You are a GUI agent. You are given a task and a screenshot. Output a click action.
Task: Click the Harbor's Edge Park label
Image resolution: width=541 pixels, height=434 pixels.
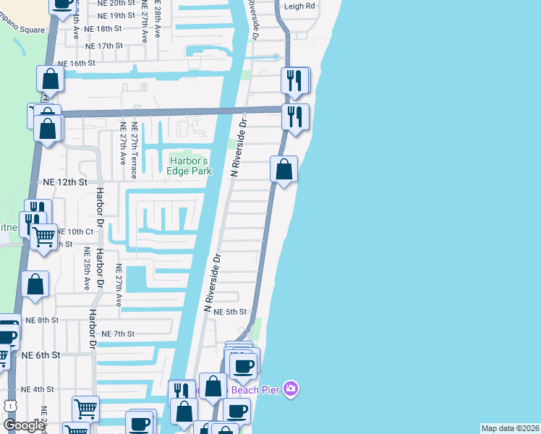click(189, 165)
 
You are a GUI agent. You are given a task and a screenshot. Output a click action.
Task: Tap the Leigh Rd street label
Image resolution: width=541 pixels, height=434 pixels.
click(300, 5)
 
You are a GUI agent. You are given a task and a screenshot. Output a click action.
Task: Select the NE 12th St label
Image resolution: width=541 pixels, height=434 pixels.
click(65, 182)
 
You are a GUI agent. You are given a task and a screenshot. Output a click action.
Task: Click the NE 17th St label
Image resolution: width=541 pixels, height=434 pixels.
click(104, 46)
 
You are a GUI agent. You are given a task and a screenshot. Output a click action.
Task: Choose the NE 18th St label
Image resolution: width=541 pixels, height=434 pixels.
click(103, 28)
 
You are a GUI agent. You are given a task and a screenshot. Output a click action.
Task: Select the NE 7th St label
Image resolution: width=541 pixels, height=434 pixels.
click(118, 333)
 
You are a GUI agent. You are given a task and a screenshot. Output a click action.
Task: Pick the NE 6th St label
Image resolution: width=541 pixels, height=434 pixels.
click(40, 354)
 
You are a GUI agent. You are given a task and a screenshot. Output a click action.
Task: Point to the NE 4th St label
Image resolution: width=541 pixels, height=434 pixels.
click(38, 389)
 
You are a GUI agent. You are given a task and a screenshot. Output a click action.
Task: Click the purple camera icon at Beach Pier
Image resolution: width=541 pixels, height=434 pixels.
click(290, 390)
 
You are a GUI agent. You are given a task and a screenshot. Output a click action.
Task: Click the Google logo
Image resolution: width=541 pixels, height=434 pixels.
click(24, 425)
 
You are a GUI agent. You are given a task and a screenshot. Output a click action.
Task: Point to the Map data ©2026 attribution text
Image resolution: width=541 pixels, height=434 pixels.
click(511, 428)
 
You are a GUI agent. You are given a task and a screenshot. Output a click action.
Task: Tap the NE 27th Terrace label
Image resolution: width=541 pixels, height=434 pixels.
click(135, 155)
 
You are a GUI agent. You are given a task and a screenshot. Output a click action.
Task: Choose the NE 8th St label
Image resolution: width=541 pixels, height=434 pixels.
click(41, 320)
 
